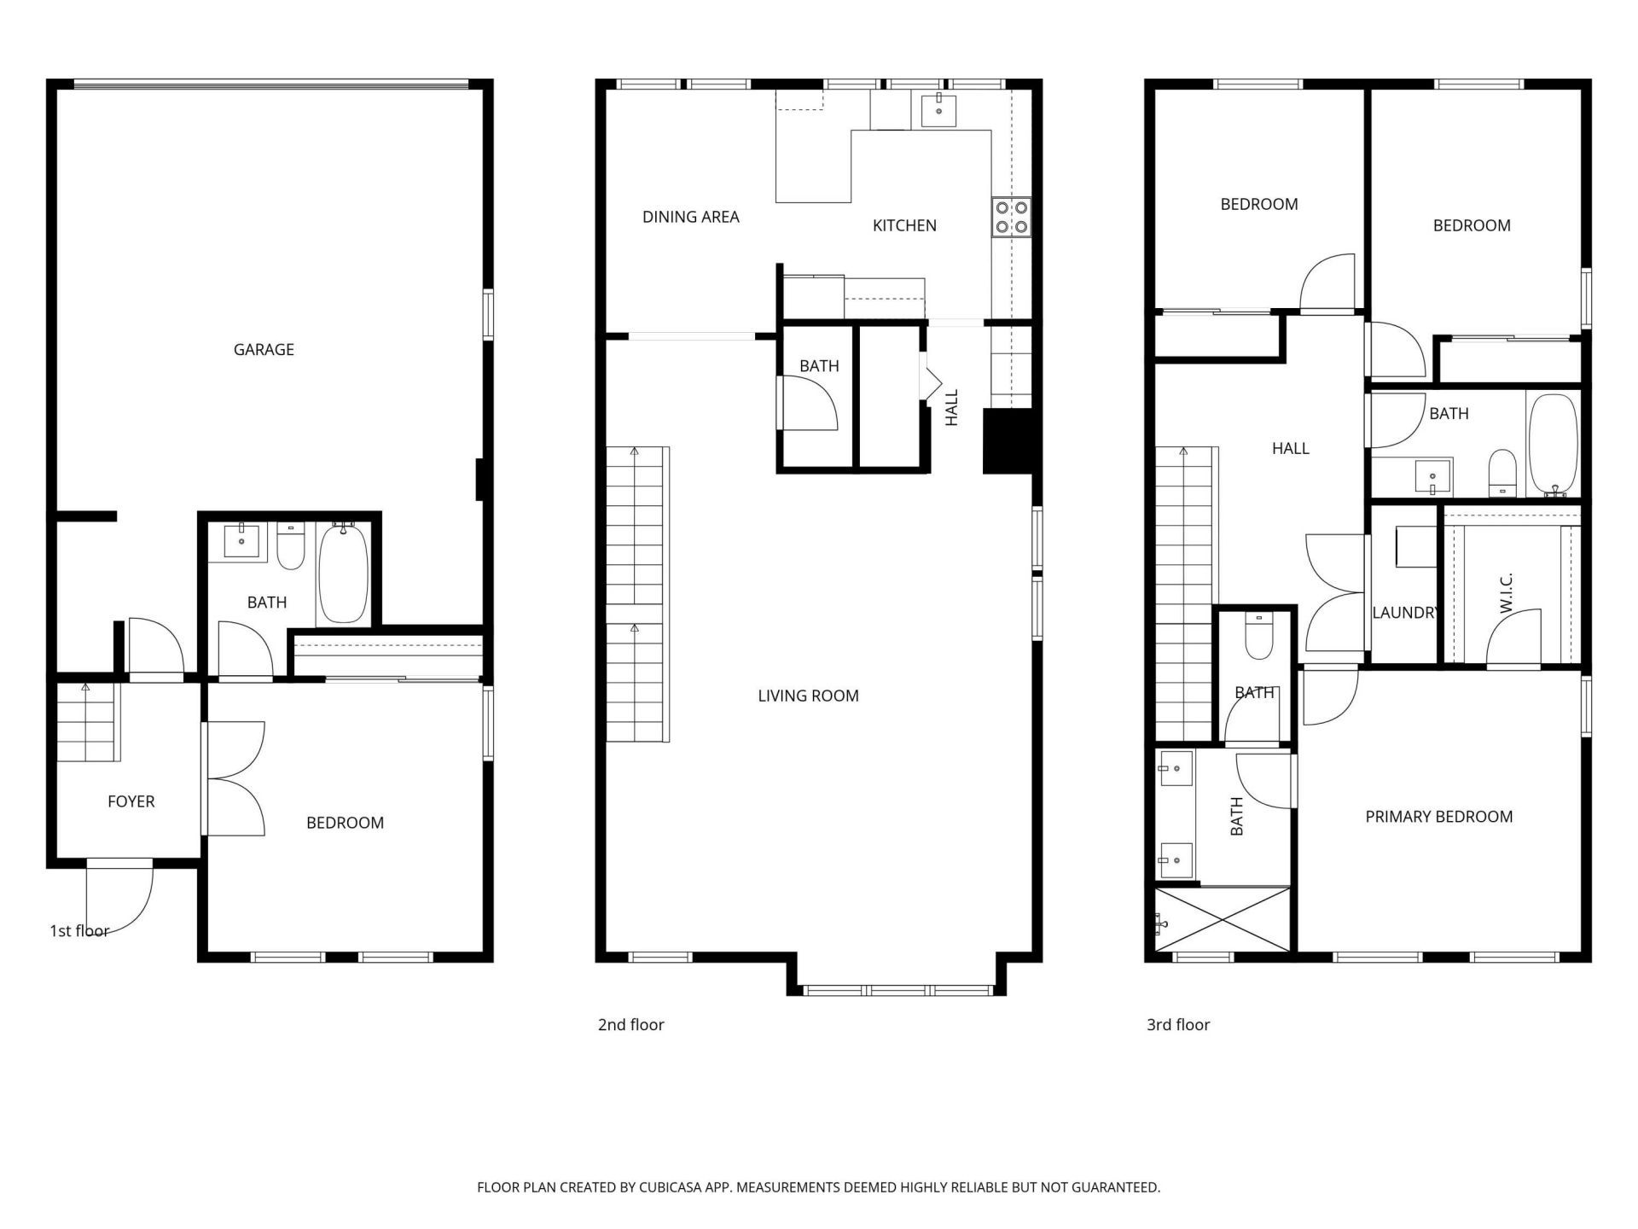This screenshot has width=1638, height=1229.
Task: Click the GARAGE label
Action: point(264,349)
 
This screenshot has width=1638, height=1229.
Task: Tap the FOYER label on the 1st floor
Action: point(131,801)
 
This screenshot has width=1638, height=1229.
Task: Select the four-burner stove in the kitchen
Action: point(1011,217)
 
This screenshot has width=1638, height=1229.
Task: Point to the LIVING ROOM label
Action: point(808,696)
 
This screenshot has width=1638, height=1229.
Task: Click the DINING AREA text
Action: point(690,217)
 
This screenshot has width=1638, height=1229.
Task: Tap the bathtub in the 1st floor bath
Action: point(343,575)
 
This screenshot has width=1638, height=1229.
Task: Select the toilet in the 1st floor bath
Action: point(291,548)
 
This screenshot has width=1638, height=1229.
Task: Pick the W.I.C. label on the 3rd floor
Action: point(1506,592)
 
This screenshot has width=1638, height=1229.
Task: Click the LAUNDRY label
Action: point(1403,613)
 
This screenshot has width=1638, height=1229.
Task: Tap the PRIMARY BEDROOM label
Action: point(1438,817)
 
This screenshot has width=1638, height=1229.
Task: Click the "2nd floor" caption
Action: point(630,1025)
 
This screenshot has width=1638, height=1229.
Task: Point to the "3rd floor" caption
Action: point(1177,1025)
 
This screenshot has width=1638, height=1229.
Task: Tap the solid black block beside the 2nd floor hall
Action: point(1008,440)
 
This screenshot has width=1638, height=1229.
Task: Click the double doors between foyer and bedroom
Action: point(235,778)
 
